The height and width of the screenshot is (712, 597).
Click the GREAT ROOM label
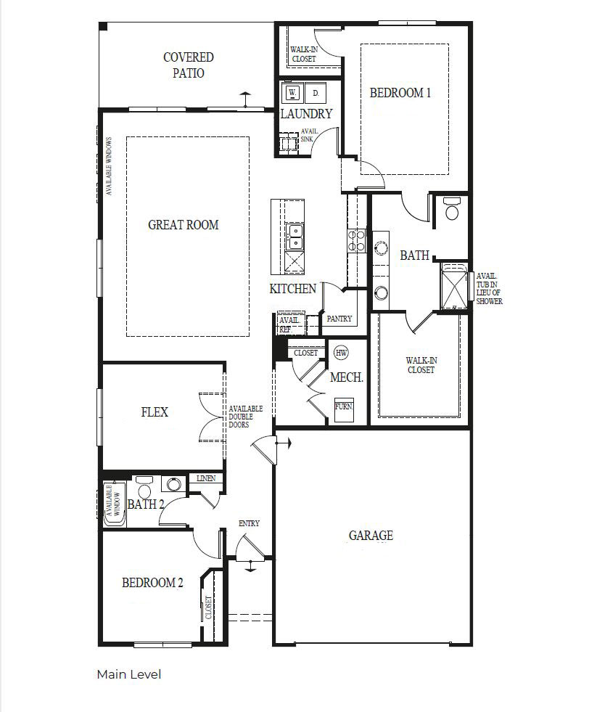pos(183,225)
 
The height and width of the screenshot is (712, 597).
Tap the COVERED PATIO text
pos(188,65)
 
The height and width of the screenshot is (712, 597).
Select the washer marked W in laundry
pos(292,93)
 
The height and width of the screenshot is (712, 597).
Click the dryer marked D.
pos(316,93)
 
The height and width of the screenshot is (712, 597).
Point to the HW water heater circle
pos(341,353)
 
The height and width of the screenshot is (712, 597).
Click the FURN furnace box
pos(343,407)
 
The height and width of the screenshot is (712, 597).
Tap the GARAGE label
pos(371,536)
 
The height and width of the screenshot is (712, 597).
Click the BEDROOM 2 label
pos(152,582)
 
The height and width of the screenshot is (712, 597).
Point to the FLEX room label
pos(155,412)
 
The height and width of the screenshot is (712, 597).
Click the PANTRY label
pos(339,319)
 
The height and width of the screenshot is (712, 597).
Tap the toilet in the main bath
pos(453,209)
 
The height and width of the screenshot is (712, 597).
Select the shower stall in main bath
pos(456,287)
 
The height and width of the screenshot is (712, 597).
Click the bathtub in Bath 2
pos(114,503)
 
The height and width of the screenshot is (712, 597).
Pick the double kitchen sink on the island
pos(295,237)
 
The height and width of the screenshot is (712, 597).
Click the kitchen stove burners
pos(355,240)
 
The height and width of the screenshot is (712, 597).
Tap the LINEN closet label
pos(205,478)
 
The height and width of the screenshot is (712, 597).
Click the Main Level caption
pos(129,674)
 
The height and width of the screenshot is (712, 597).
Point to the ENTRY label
pos(249,523)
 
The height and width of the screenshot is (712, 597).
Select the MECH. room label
pos(346,378)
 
